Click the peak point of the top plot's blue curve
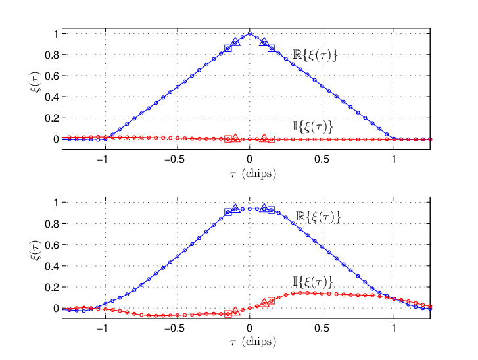(x=250, y=34)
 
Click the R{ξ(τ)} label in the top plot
(x=315, y=55)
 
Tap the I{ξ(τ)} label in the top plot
(x=312, y=126)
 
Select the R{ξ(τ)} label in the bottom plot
(x=318, y=217)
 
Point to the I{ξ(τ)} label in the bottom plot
(x=312, y=282)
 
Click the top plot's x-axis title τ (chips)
(x=253, y=174)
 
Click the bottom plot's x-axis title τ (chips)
(x=253, y=342)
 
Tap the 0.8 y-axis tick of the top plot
(x=52, y=55)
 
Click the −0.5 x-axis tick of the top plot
(x=175, y=159)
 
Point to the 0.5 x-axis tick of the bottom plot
(x=322, y=328)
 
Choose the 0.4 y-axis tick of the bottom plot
(x=52, y=266)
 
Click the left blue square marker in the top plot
(x=228, y=48)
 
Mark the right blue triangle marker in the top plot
(x=264, y=42)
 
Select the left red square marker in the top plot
(x=228, y=139)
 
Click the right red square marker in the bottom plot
(x=272, y=301)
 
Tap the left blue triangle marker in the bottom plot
(x=235, y=208)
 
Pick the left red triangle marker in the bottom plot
(x=235, y=311)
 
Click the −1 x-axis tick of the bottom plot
(x=103, y=328)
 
